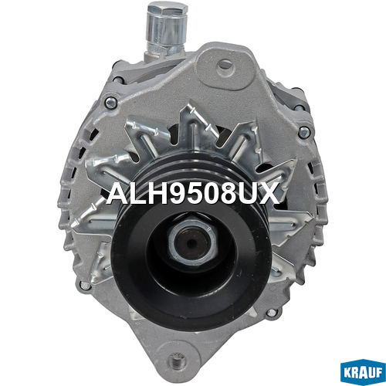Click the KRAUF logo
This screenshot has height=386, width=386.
point(363,373)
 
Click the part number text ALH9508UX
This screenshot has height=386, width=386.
point(193,194)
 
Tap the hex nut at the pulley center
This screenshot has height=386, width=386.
point(192,241)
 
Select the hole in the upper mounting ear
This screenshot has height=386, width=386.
point(225,65)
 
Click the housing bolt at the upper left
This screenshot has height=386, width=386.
point(111,103)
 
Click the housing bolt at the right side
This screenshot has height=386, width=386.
point(304,132)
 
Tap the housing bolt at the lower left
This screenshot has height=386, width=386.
point(85,285)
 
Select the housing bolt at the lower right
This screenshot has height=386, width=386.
point(272,313)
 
